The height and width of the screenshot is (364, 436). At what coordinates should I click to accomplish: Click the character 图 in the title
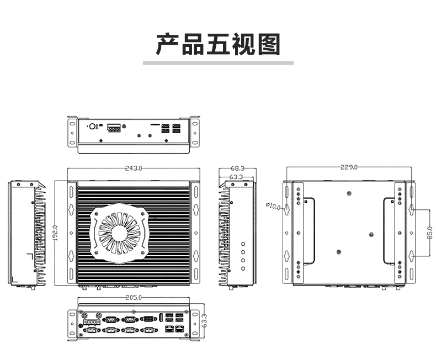[269, 44]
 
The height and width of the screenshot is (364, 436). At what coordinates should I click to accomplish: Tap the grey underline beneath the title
[218, 63]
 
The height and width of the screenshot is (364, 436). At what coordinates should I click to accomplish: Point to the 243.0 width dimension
[134, 168]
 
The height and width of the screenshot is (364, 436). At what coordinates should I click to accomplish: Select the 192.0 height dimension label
[55, 233]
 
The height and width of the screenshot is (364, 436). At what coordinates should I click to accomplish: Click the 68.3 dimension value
[237, 168]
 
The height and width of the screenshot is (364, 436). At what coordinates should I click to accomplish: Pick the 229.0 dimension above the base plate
[349, 167]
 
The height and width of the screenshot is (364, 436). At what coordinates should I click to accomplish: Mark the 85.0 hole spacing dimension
[429, 233]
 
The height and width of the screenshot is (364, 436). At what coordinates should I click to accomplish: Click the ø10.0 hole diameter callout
[273, 206]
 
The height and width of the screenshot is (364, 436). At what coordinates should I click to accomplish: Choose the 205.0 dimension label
[134, 298]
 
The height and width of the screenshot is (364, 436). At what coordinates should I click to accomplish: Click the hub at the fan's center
[120, 233]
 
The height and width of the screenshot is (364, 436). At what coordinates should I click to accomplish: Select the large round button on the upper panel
[92, 126]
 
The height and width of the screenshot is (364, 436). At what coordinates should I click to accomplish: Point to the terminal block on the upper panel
[114, 128]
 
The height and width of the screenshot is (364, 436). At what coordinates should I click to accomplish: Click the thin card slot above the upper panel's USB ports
[155, 124]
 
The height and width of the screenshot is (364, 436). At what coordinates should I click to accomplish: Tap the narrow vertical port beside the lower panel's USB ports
[161, 318]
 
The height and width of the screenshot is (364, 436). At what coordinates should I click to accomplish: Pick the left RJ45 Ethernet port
[169, 329]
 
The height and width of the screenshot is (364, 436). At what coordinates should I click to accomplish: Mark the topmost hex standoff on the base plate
[349, 193]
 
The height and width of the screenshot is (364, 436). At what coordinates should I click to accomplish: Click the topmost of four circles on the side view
[243, 244]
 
